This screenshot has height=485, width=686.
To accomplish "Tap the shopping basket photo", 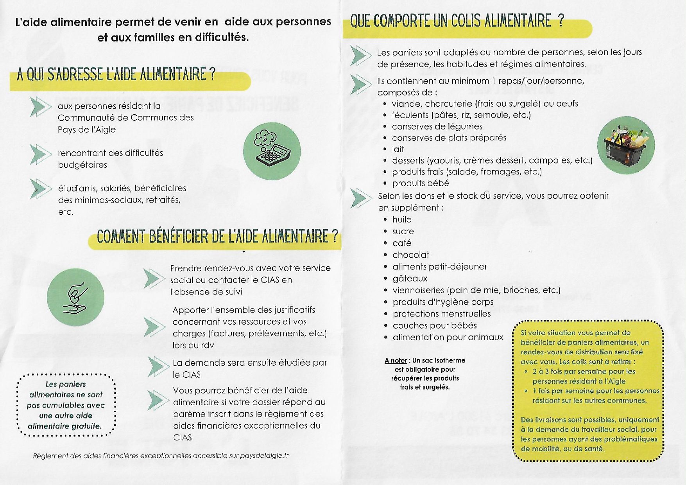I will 626,145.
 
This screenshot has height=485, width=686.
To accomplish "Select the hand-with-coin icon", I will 75,297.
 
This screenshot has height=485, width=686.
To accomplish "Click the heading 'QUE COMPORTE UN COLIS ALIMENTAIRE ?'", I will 457,21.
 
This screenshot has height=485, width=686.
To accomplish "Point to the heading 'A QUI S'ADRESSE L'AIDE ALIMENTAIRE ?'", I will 116,74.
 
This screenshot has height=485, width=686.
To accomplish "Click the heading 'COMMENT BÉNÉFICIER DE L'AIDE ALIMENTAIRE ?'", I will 217,237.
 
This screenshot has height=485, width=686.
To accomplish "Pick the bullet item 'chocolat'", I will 411,255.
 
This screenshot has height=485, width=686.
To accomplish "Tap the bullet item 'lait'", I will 398,149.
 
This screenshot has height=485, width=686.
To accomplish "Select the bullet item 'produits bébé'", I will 420,183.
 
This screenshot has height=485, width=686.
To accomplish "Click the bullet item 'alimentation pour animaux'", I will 448,337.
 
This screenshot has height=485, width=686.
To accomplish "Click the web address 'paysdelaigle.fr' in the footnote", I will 264,456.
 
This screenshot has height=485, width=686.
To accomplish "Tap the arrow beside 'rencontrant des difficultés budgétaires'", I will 40,154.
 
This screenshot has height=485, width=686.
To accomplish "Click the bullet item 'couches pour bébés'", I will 435,325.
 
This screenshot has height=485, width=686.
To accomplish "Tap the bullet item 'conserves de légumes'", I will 437,126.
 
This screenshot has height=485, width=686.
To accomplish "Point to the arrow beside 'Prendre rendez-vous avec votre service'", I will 154,278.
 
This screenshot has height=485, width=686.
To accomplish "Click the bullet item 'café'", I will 402,243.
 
